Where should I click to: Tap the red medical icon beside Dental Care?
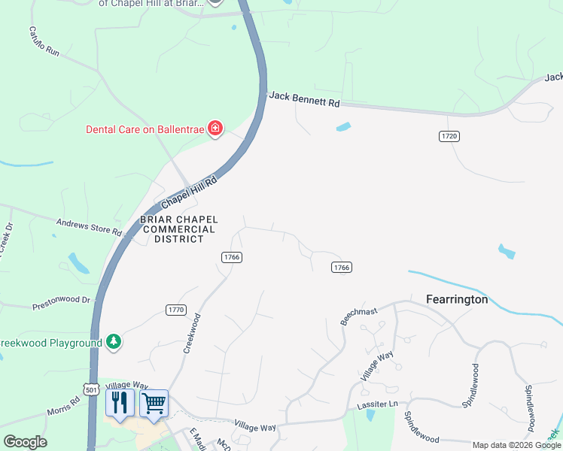click(x=215, y=129)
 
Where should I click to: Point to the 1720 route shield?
click(x=449, y=136)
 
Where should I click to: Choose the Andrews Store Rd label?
click(x=90, y=226)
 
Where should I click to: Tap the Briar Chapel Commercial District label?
click(x=172, y=229)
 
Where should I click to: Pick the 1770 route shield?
click(x=175, y=310)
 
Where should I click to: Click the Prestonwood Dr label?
click(x=61, y=304)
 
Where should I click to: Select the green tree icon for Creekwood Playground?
click(x=114, y=342)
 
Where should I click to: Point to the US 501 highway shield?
click(x=92, y=390)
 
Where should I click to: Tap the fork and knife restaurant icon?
click(x=120, y=403)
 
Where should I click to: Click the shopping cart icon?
click(x=154, y=403)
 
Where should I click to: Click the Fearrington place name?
click(x=457, y=299)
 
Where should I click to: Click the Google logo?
click(x=25, y=442)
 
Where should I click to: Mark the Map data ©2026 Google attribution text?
click(x=516, y=445)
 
